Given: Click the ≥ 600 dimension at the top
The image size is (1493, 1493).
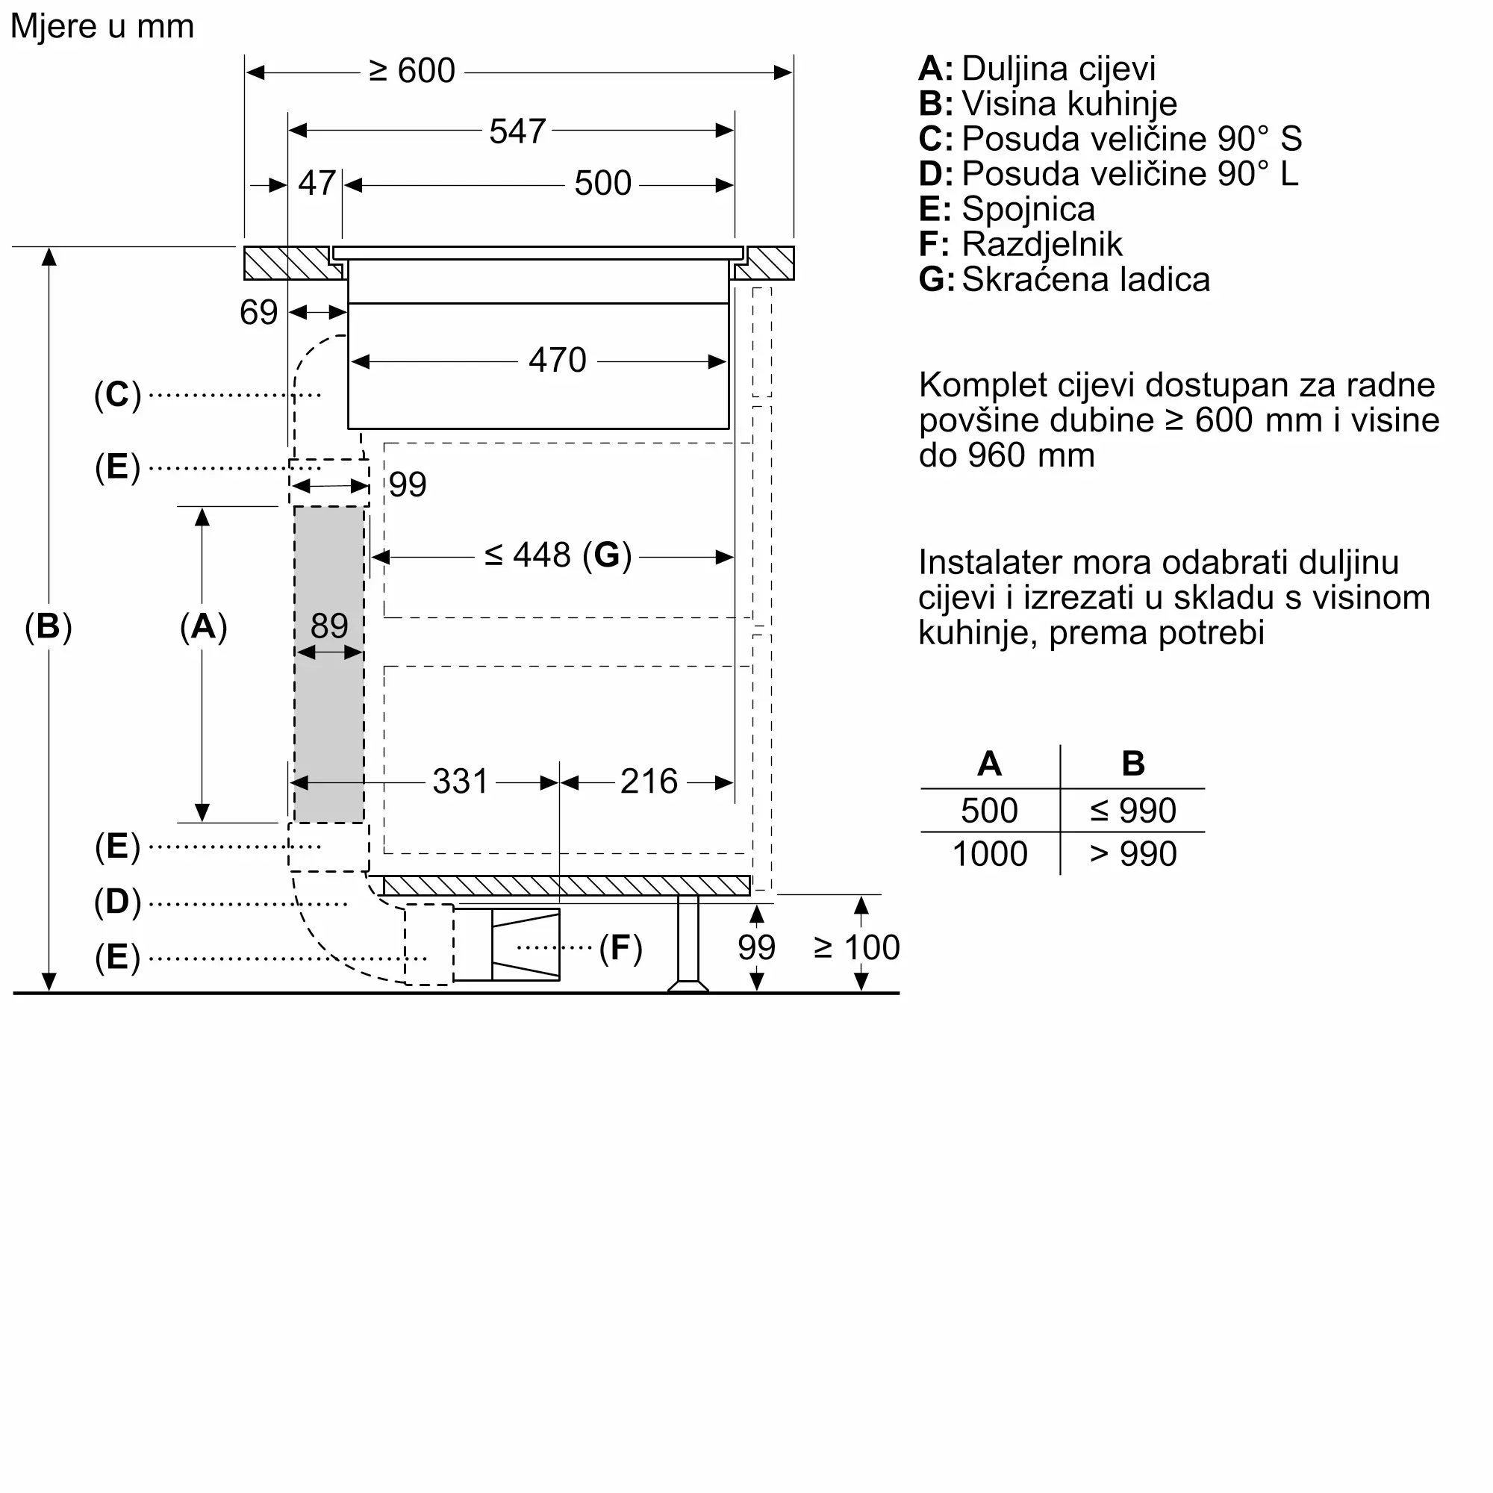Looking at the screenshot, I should coord(412,71).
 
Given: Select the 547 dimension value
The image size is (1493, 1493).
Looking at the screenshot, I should coord(517,131).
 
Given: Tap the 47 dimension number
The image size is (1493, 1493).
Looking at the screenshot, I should coord(317,184).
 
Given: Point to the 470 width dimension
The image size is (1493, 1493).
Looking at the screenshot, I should coord(557,360).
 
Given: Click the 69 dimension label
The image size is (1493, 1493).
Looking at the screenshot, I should coord(258,313).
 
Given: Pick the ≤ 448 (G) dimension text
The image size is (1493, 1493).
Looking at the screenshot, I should coord(558,555).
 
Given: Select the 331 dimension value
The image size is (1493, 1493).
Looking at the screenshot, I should coord(461,782).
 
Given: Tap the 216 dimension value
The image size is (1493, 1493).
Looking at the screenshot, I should coord(649,782).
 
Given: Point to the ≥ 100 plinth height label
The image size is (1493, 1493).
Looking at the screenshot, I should coord(857,947).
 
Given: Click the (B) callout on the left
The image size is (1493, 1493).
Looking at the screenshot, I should coord(48,627).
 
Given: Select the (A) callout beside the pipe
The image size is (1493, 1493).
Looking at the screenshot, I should coord(203,627).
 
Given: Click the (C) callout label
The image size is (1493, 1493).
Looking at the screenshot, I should coord(117,395).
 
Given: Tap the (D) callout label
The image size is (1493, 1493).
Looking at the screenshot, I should coord(117,902).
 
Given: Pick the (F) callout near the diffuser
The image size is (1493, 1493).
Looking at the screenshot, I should coord(620,948).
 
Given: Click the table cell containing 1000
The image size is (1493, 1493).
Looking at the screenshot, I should coord(989,854).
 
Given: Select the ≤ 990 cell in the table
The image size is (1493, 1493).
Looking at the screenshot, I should coord(1133,811).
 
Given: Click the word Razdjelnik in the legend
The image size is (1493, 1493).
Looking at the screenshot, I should coord(1041,244).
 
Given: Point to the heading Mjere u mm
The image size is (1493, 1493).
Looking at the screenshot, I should coord(102,26).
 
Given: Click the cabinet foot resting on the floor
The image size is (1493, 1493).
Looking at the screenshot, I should coord(688,984).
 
